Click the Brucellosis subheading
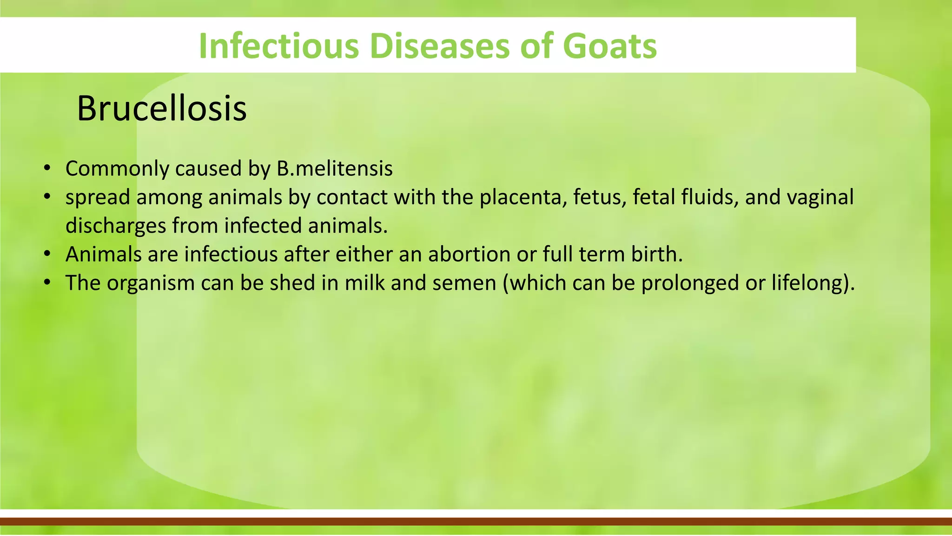[x=161, y=108]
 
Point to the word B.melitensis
[x=334, y=168]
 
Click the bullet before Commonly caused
[x=46, y=168]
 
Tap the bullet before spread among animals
[x=46, y=197]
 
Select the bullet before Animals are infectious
[x=46, y=255]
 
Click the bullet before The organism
[x=46, y=283]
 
